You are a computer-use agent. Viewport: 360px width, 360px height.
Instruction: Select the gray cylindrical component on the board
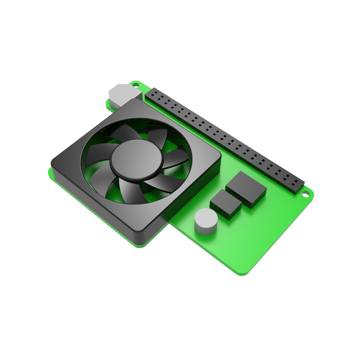click(x=206, y=222)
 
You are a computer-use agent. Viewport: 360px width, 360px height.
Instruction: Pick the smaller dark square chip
click(x=226, y=204)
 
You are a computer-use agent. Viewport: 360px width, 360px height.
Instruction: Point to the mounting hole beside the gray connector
click(x=134, y=84)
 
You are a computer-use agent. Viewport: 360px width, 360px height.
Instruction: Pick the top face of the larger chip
click(x=246, y=186)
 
